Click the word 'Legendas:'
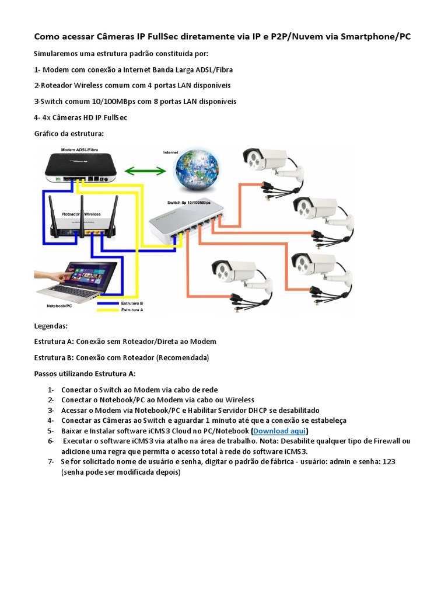point(51,326)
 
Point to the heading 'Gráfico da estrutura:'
point(69,134)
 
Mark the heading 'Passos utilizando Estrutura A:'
point(85,373)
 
